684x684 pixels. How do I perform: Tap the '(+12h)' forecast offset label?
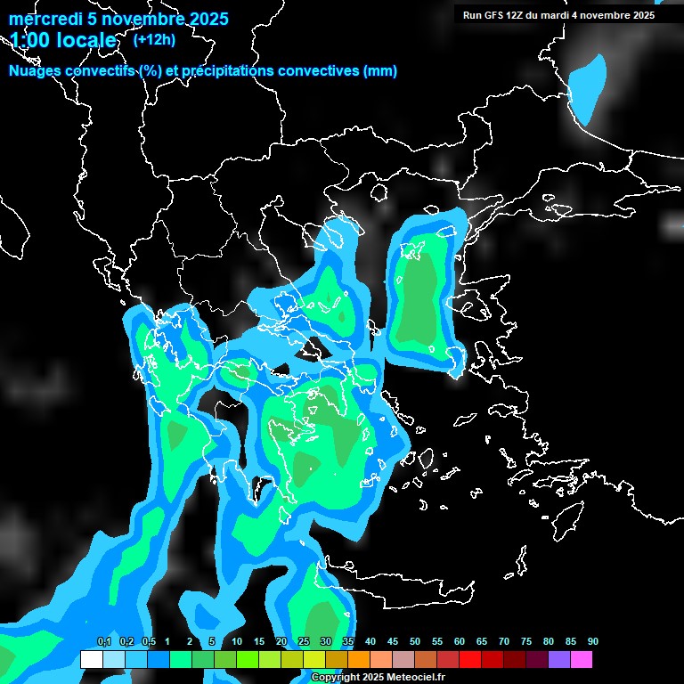pyautogui.click(x=154, y=39)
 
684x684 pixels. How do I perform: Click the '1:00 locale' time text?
pyautogui.click(x=63, y=41)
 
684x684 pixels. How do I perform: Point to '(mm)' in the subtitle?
pyautogui.click(x=380, y=71)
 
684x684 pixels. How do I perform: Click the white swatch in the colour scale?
pyautogui.click(x=91, y=659)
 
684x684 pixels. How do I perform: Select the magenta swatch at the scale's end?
pyautogui.click(x=582, y=659)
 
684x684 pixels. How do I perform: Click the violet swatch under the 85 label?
pyautogui.click(x=559, y=659)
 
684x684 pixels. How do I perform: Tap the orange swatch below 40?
pyautogui.click(x=359, y=659)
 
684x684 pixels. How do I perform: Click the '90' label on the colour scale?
pyautogui.click(x=593, y=642)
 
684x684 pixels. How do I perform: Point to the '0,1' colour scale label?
pyautogui.click(x=103, y=642)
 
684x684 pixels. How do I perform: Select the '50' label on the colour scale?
pyautogui.click(x=415, y=642)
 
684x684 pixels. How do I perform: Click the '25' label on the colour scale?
pyautogui.click(x=304, y=642)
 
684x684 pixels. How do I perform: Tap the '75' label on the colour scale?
pyautogui.click(x=526, y=642)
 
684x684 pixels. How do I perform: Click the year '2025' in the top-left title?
pyautogui.click(x=207, y=19)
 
